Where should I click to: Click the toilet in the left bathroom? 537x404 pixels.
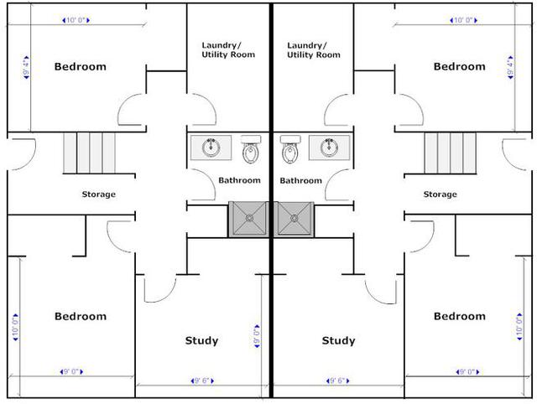tap(251, 149)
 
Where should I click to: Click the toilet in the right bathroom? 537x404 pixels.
tap(290, 149)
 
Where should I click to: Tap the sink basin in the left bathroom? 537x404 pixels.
tap(211, 148)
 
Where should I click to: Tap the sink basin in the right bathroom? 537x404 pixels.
tap(330, 148)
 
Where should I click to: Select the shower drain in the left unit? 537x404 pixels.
tap(249, 218)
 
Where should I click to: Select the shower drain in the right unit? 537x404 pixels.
tap(295, 218)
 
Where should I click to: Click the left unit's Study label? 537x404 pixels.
tap(201, 340)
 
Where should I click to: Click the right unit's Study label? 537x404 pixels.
tap(338, 340)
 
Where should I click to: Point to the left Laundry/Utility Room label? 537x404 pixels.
tap(228, 50)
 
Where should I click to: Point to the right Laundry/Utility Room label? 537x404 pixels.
tap(314, 50)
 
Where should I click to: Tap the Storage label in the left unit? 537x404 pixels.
tap(99, 194)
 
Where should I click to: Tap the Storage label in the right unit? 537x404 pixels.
tap(440, 194)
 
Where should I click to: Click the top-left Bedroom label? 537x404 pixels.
tap(81, 66)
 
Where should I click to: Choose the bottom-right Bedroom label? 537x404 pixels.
tap(460, 316)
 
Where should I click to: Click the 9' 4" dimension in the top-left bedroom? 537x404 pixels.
tap(26, 67)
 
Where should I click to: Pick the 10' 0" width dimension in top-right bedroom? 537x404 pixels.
tap(463, 20)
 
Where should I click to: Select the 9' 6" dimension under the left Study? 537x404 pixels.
tap(202, 381)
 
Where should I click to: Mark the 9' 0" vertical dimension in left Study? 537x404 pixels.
tap(257, 336)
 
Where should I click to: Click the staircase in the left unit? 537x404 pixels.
tap(90, 153)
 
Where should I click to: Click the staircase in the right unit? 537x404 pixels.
tap(451, 153)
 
